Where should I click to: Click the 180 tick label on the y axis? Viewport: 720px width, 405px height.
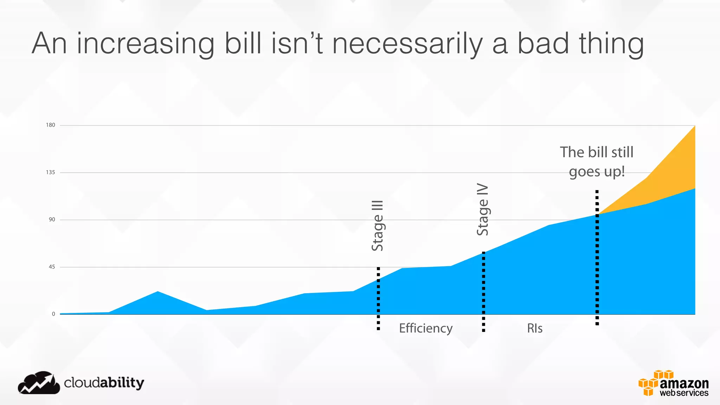[x=51, y=125]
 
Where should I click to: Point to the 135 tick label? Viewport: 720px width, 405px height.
[x=51, y=172]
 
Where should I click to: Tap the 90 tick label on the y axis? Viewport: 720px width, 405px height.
[x=52, y=220]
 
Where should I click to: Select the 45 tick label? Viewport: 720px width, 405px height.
[x=52, y=267]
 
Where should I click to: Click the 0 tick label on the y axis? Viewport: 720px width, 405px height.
[x=53, y=314]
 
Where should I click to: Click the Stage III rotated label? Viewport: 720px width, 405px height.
[x=378, y=226]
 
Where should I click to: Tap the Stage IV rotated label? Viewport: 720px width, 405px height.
[x=483, y=210]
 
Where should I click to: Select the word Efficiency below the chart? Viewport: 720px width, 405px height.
[x=426, y=328]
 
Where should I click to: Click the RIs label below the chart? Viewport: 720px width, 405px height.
[x=535, y=328]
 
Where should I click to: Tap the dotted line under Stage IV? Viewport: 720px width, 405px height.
[x=483, y=292]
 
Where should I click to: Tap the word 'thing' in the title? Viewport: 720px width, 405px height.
[x=611, y=44]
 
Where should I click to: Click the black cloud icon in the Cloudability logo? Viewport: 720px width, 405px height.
[x=39, y=383]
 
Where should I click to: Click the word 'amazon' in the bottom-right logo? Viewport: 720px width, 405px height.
[x=684, y=384]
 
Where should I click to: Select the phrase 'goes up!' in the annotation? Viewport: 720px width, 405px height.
[x=597, y=172]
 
